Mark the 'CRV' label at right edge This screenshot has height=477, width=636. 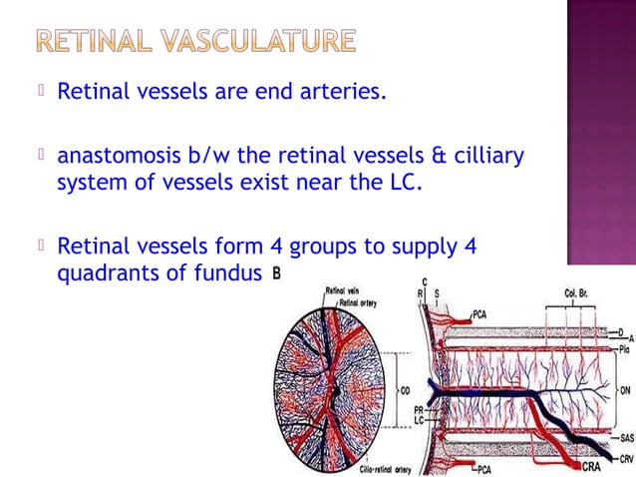click(x=625, y=458)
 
